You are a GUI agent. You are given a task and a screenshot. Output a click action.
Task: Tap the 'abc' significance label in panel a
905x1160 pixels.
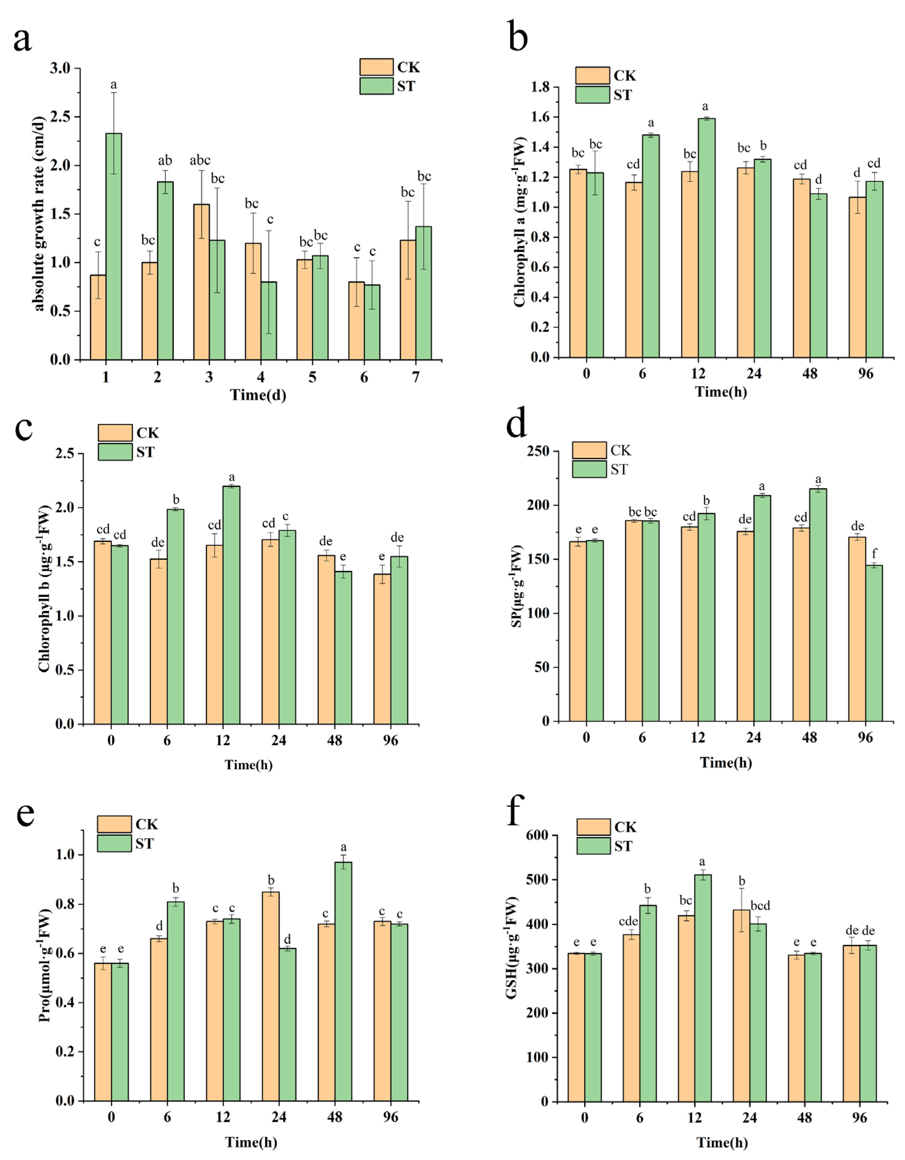200,160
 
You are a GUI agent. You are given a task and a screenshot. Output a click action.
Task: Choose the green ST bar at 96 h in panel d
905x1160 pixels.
874,643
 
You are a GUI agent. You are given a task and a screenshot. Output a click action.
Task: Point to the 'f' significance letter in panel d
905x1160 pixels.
874,554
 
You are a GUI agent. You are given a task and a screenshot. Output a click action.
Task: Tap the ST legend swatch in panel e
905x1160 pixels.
114,843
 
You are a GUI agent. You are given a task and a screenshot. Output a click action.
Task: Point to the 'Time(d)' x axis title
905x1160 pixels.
258,395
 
